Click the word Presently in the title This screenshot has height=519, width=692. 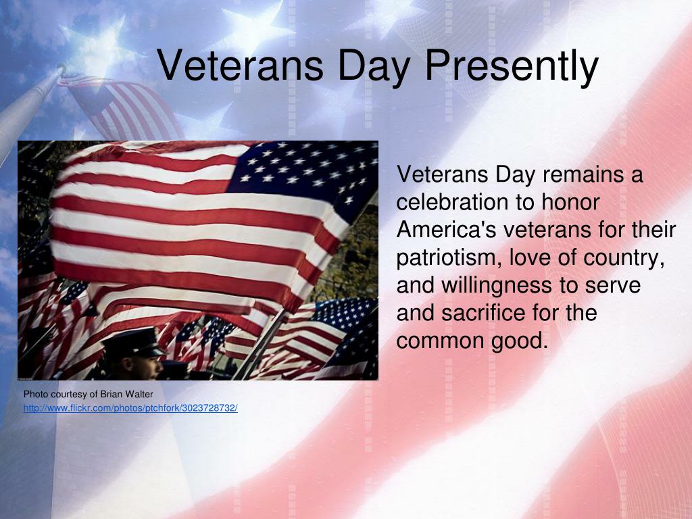coord(512,66)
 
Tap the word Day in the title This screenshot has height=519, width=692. coord(376,66)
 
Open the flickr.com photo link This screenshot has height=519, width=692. coord(130,408)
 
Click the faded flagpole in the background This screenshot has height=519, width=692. coord(27,108)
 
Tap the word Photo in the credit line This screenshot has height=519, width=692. coord(35,394)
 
